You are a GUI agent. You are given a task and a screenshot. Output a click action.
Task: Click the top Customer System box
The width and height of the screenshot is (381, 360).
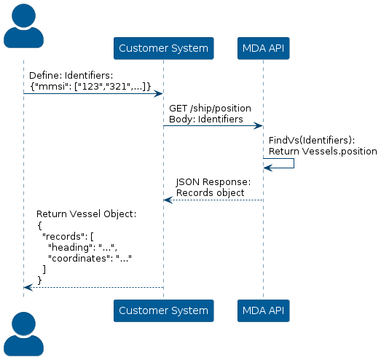[x=163, y=48]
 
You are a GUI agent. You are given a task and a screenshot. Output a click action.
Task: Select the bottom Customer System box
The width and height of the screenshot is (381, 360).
[x=163, y=310]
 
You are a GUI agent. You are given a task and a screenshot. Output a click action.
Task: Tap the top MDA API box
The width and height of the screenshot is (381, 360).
[x=264, y=48]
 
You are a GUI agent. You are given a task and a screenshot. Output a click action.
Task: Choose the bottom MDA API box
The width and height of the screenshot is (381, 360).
[x=264, y=310]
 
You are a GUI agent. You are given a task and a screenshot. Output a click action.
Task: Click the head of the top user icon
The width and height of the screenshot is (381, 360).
[x=23, y=15]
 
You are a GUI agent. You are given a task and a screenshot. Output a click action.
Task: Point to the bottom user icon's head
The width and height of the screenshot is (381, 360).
[x=23, y=324]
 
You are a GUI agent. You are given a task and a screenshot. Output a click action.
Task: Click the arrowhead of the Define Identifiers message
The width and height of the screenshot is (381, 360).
[x=158, y=93]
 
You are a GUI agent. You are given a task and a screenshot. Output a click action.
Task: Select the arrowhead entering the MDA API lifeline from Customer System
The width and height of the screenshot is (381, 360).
[x=258, y=126]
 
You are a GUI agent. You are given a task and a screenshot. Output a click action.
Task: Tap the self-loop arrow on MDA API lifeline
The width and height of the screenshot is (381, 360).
[x=294, y=163]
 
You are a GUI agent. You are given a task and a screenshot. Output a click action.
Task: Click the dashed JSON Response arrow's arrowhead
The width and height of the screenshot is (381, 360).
[x=168, y=200]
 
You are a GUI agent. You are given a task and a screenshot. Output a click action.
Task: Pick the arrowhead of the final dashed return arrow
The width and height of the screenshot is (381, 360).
[x=28, y=288]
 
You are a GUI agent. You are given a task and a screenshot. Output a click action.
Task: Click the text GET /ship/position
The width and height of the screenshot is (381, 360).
[x=210, y=109]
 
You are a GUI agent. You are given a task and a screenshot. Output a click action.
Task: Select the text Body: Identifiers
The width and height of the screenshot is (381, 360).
[x=206, y=120]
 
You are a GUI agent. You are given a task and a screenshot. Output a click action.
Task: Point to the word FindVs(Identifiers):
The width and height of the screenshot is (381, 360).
[x=312, y=141]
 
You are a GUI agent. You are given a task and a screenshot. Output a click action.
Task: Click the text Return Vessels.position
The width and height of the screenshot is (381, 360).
[x=323, y=152]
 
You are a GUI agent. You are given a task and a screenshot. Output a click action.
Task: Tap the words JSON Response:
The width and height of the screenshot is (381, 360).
[x=213, y=182]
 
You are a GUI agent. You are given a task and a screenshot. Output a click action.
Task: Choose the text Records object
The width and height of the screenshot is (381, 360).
[x=211, y=193]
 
